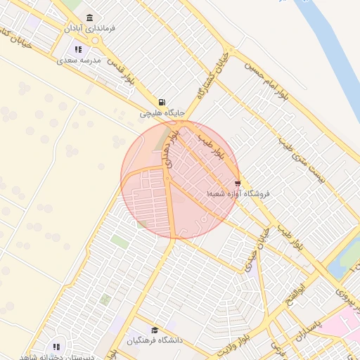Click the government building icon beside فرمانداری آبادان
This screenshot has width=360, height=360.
[89, 18]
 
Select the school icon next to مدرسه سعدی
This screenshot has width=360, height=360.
[79, 49]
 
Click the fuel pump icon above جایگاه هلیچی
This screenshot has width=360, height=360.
[162, 102]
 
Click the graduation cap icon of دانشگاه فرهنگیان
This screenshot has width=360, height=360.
[155, 330]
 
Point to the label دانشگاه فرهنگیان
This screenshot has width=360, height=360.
[155, 341]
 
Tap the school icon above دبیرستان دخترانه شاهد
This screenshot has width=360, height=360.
[56, 346]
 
